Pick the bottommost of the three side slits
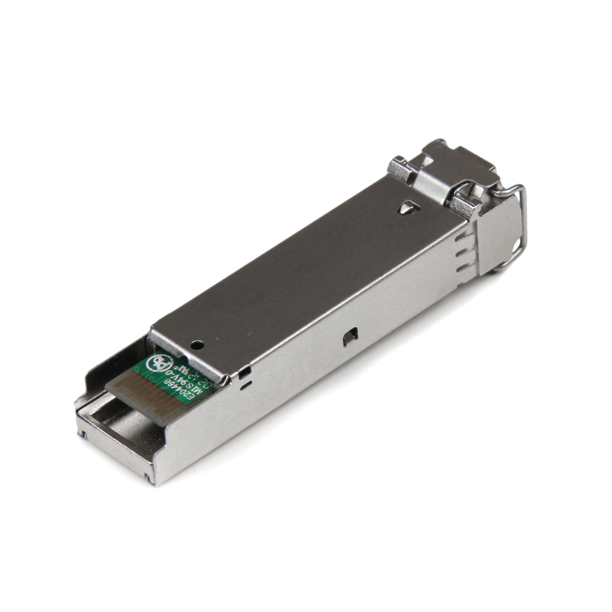(x=464, y=268)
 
